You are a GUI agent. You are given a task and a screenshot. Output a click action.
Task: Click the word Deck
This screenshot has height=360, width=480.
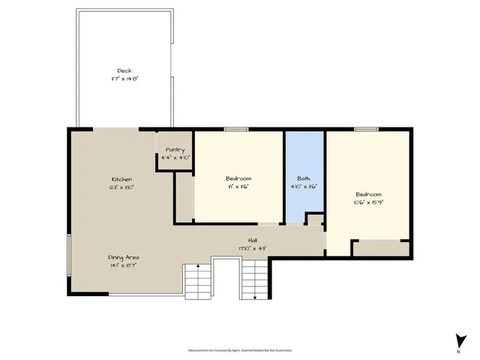point(124,70)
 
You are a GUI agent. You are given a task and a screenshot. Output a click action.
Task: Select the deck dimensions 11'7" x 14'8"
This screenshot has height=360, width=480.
point(124,78)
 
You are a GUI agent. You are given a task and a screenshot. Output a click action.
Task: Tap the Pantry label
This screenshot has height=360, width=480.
point(175,150)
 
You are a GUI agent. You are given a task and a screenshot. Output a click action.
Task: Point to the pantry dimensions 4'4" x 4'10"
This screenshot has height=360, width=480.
point(175,157)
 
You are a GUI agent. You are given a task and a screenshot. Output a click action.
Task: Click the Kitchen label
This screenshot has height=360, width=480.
point(121,179)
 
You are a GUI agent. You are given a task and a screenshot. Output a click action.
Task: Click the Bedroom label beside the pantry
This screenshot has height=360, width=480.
point(238,178)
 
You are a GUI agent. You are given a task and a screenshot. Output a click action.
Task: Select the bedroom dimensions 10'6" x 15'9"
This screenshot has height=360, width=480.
point(368,202)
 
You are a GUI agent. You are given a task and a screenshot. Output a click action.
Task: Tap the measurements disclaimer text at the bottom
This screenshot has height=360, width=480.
point(240,349)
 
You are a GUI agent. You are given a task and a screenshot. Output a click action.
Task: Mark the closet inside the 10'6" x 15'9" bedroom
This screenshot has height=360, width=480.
point(381,249)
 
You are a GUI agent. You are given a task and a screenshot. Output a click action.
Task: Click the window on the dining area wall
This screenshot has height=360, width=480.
point(68,255)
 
